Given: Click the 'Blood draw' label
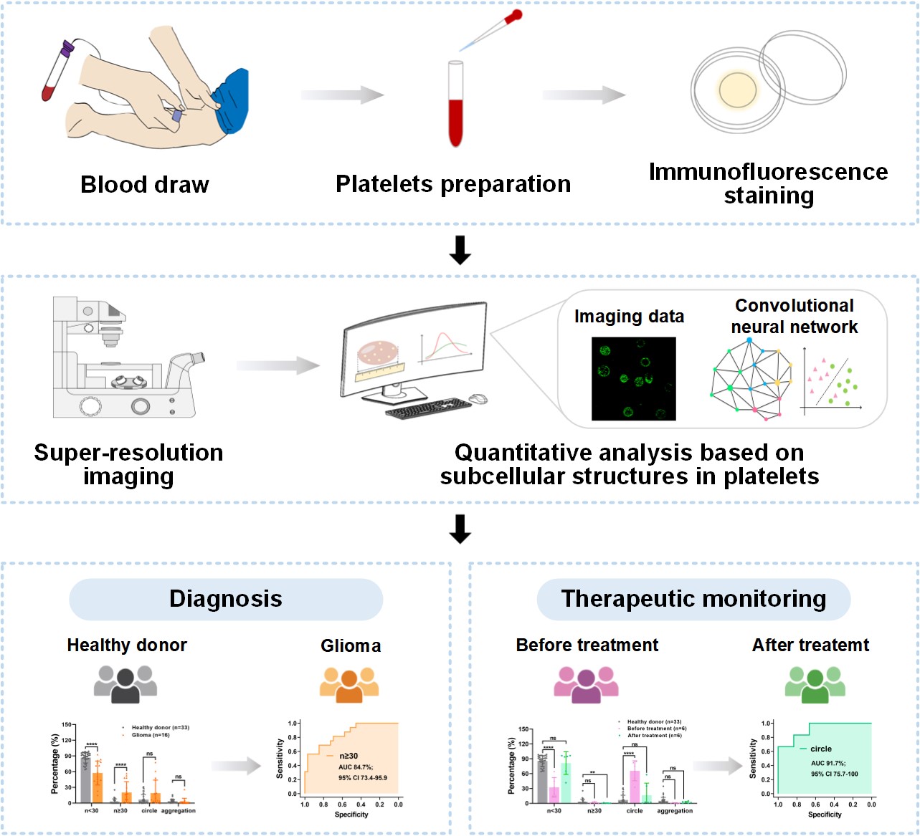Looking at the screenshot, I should [144, 185].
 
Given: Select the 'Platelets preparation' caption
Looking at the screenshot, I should [453, 184].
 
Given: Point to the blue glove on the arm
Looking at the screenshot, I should [231, 100].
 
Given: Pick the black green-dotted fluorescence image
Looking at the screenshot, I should [633, 379].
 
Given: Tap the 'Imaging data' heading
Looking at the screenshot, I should [629, 317].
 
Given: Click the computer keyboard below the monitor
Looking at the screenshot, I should [428, 409].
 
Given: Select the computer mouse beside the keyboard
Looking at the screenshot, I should [478, 399].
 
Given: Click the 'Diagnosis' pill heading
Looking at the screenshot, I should [226, 599].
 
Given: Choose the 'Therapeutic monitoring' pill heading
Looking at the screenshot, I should [693, 599].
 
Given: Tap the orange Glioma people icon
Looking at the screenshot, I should [349, 685].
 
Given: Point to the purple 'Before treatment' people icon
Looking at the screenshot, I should [586, 685].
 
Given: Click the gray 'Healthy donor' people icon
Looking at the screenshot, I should [125, 685].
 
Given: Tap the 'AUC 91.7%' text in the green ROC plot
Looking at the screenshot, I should [827, 764].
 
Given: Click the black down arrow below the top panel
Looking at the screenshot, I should [460, 250].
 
